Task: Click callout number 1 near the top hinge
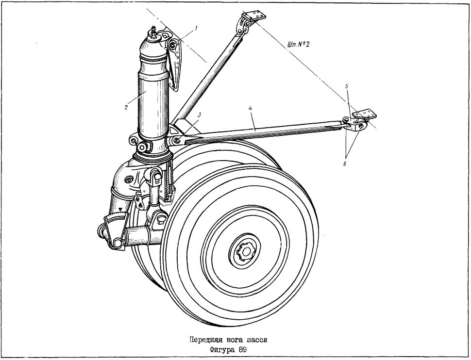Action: point(196,29)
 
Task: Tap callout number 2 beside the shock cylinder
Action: point(126,107)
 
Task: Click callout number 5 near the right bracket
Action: point(346,86)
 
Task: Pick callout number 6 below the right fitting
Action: point(345,164)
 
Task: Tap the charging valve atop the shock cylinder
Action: point(154,32)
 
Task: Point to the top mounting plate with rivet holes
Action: point(255,15)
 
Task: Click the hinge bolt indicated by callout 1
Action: point(173,45)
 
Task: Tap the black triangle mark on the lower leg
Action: point(120,208)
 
